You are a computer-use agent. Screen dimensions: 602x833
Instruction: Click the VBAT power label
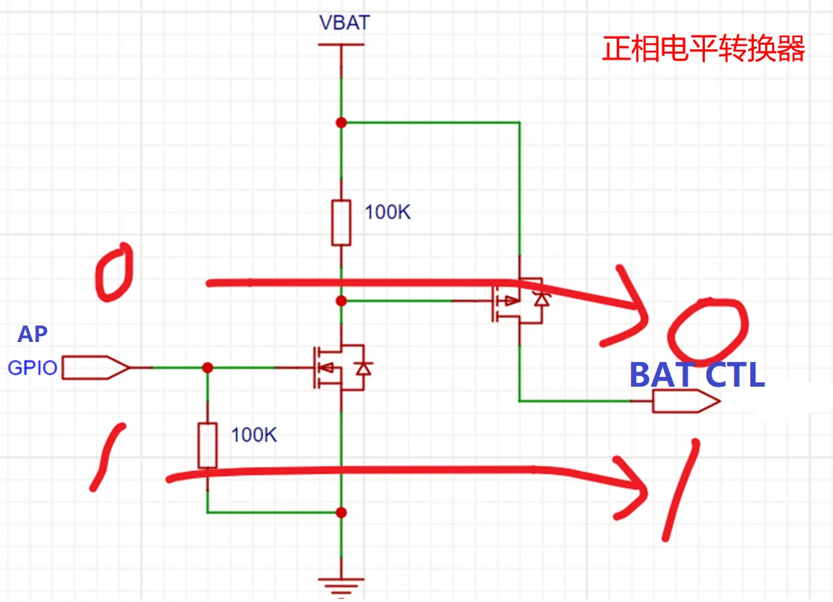[x=343, y=22]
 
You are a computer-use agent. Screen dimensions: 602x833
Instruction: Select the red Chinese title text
[x=703, y=49]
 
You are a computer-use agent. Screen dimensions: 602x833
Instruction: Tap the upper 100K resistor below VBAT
[x=341, y=222]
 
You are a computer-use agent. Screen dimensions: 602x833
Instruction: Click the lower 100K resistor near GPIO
[x=207, y=445]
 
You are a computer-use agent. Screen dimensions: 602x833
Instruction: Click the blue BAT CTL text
[x=697, y=375]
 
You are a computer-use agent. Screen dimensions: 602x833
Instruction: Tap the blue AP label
[x=33, y=335]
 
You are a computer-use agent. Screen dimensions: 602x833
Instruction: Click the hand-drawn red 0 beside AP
[x=114, y=272]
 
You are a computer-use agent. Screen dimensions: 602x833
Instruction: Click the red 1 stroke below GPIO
[x=107, y=457]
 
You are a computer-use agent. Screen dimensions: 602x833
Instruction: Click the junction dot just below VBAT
[x=341, y=122]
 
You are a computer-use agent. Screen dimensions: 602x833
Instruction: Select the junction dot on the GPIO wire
[x=208, y=367]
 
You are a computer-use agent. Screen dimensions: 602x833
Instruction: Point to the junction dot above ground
[x=341, y=513]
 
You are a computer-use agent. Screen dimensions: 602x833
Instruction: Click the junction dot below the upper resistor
[x=341, y=301]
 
